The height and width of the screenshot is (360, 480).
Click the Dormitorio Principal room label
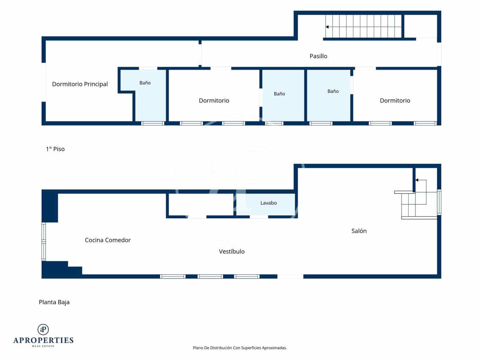pos(80,84)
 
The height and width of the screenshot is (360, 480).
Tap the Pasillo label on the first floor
pos(319,56)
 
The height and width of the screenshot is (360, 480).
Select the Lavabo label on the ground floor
pos(268,203)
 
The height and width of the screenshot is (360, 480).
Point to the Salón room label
pos(359,231)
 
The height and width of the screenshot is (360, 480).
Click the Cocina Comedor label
pos(108,240)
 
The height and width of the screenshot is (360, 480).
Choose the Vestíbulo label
pos(231,251)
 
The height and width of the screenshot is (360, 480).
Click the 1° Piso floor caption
pos(55,149)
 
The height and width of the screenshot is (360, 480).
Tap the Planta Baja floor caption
pos(54,302)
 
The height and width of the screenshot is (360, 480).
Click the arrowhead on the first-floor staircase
pos(327,27)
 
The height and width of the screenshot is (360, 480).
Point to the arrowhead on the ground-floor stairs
pos(417,180)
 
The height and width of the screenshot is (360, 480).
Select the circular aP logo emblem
pos(43,329)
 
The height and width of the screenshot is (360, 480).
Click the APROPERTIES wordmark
pos(43,340)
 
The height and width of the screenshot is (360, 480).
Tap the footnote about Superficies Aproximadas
pos(240,348)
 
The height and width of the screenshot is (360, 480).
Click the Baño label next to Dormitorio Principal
pos(145,83)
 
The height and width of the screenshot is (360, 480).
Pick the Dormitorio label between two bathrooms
pos(214,100)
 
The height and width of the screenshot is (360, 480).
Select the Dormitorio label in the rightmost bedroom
pos(395,100)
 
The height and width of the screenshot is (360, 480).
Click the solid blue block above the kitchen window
pos(50,206)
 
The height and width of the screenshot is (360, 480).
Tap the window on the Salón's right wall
pos(439,202)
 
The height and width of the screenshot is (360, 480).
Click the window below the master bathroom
pos(153,123)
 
